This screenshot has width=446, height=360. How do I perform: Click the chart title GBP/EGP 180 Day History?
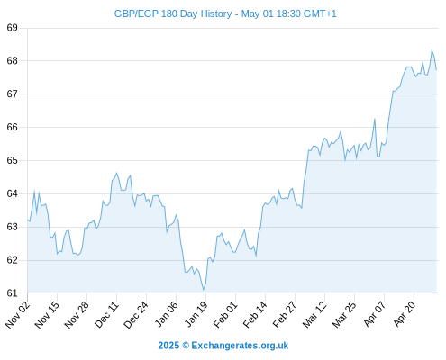pos(173,13)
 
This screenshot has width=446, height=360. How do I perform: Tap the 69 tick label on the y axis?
pos(12,28)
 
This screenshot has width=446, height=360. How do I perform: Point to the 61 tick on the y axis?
pos(12,293)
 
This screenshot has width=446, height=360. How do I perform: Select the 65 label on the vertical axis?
pos(12,160)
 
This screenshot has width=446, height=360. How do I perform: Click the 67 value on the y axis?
pos(12,94)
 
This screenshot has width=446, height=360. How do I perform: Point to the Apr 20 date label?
pos(405,314)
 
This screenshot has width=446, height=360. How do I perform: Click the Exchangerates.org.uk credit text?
pos(240,346)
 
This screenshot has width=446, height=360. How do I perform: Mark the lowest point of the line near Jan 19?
pos(204,290)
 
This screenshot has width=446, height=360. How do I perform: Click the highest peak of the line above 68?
pos(432,50)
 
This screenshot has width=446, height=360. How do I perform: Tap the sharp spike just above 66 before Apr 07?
pos(375,119)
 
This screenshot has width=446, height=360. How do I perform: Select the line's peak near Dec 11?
pos(117,173)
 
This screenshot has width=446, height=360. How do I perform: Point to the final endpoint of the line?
pos(436,70)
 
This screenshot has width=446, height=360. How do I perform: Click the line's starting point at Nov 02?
pos(28,220)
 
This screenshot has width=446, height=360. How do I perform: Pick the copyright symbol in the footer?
pos(186,346)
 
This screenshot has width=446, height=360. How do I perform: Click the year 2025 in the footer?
pos(168,346)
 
